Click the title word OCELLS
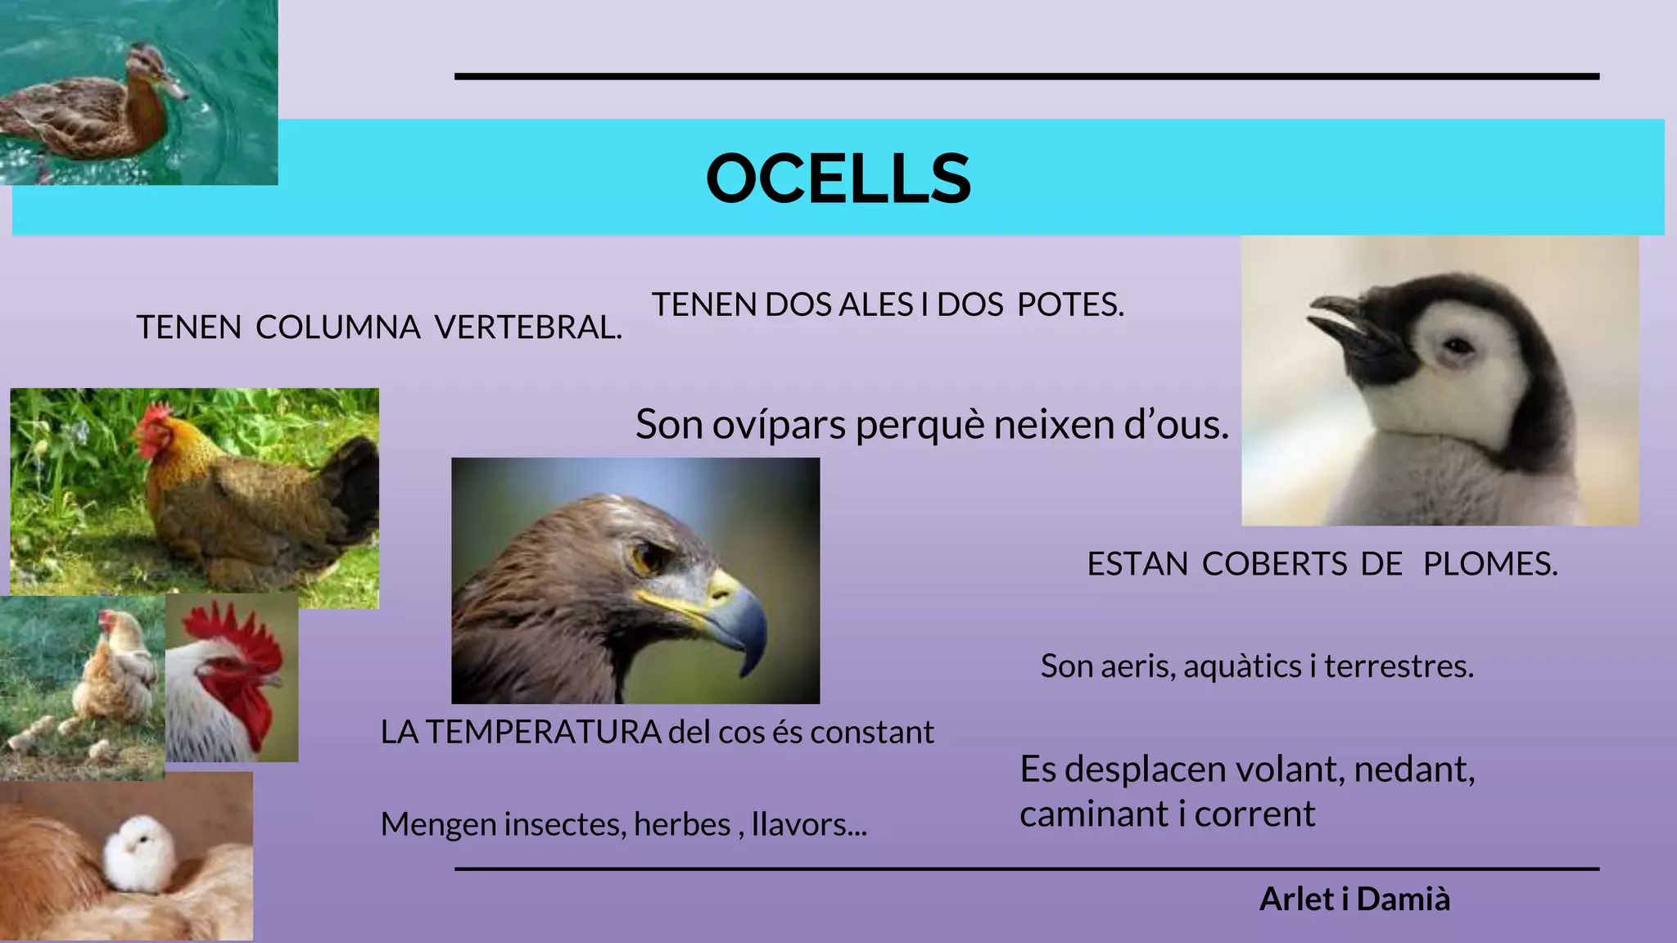click(x=838, y=178)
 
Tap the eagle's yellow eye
click(x=646, y=559)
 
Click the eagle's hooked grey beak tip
click(x=747, y=667)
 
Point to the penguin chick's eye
click(x=1458, y=346)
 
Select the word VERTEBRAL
click(x=528, y=327)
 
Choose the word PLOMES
click(x=1489, y=564)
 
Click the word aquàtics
click(x=1242, y=666)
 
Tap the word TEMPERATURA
click(x=543, y=732)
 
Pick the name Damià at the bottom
click(x=1403, y=899)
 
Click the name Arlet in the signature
click(x=1295, y=899)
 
